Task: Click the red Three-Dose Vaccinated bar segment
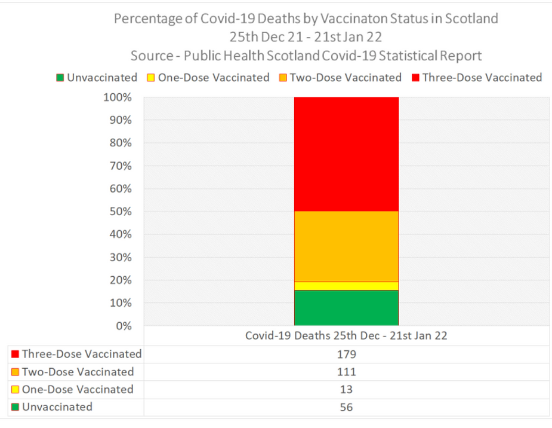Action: point(346,154)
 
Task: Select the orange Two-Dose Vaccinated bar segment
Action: point(346,246)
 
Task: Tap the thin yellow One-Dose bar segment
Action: point(346,286)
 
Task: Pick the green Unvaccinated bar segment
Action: point(346,308)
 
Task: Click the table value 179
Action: point(346,354)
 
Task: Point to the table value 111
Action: point(346,372)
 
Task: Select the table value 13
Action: point(346,390)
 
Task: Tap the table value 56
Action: point(346,407)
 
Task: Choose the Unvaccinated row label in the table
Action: point(57,407)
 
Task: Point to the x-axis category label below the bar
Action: point(346,336)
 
